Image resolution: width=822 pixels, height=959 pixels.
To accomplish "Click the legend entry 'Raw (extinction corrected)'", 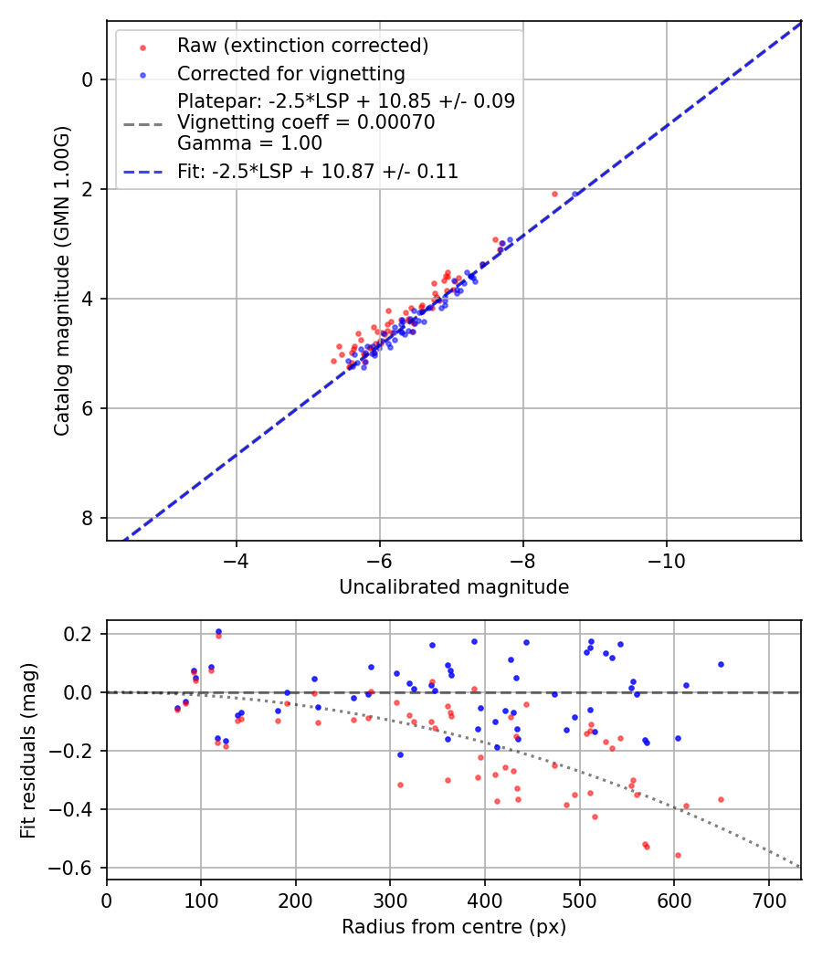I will tap(302, 46).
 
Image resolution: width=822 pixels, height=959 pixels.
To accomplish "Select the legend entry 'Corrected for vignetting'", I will tap(290, 73).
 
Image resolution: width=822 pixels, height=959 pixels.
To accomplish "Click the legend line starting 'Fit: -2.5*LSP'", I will tap(317, 171).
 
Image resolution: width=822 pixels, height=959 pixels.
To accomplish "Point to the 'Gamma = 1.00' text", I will tap(249, 143).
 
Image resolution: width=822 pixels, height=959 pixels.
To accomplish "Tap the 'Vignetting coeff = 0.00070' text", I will tap(305, 122).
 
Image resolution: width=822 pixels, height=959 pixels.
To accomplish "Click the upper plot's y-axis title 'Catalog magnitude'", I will tap(61, 280).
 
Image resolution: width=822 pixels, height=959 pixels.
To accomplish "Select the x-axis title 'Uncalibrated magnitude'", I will tap(454, 587).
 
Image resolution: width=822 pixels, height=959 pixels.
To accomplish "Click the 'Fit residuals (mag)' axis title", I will tap(28, 750).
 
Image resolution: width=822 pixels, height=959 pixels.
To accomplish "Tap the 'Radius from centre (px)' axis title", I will tap(454, 927).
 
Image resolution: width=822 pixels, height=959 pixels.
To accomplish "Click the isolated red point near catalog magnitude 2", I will tap(554, 194).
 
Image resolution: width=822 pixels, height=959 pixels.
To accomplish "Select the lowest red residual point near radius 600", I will tap(678, 855).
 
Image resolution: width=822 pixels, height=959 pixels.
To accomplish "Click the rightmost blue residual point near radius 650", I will tap(721, 664).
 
